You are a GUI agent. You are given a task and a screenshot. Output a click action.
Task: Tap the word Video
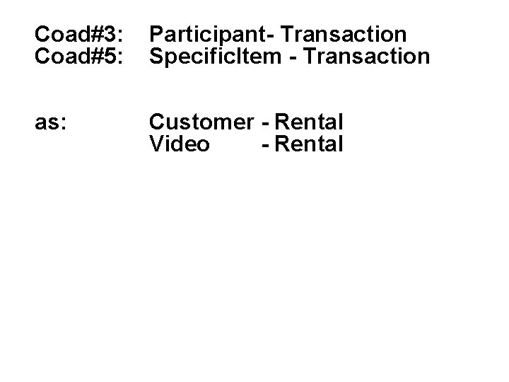tap(180, 144)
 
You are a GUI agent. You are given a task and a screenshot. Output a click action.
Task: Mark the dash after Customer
tap(264, 124)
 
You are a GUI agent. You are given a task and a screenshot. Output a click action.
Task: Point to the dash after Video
tap(264, 145)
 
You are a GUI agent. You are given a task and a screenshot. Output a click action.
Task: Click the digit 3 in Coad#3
tap(108, 34)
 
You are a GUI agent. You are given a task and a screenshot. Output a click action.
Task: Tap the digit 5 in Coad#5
tap(108, 55)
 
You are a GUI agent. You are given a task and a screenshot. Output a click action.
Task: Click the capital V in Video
tap(156, 144)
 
